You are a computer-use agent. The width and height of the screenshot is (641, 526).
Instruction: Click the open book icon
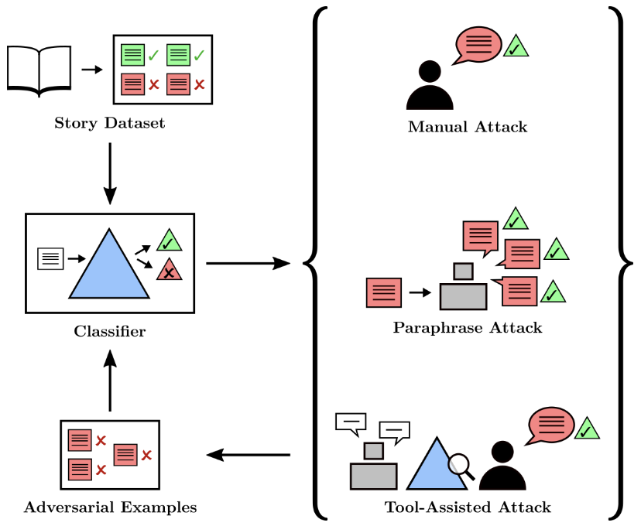pos(39,69)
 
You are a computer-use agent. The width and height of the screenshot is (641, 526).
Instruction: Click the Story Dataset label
pos(110,124)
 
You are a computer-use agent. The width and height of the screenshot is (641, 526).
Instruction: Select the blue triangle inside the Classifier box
pos(109,263)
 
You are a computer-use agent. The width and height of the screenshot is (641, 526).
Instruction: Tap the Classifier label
pos(110,333)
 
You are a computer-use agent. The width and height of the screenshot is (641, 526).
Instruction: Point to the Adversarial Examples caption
pos(110,508)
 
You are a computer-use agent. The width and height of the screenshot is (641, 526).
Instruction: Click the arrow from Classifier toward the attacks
pos(248,264)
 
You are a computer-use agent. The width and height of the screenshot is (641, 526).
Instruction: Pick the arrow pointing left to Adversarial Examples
pos(248,455)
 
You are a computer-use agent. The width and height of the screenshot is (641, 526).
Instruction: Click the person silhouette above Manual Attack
pos(430,87)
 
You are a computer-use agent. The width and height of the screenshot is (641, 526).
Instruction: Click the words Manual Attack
pos(468,127)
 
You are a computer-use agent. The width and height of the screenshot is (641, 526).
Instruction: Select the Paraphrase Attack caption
pos(468,328)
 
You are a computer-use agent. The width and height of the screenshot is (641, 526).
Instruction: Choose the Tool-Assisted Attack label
pos(468,508)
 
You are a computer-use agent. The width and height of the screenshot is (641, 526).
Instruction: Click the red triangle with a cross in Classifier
pos(168,271)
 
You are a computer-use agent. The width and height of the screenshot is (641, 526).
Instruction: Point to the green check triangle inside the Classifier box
pos(168,241)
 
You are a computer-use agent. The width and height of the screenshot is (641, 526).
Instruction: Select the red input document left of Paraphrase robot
pos(384,292)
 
